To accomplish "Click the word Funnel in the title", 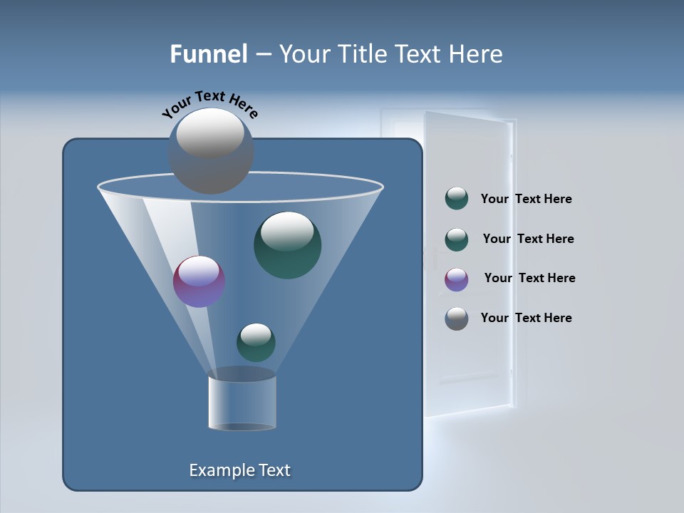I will coord(208,54).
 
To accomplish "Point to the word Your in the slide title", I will coord(302,54).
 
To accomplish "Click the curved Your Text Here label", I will coord(210,104).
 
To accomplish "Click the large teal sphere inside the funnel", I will coord(287,246).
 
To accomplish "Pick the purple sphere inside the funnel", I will coord(199,281).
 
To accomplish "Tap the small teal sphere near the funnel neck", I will coord(256,342).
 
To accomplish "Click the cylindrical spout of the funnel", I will coord(242,403).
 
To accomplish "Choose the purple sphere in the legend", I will coord(457,279).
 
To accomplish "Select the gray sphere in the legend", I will coord(457,318).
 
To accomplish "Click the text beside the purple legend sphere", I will coord(529,278).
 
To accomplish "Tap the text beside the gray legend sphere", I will coord(526,318).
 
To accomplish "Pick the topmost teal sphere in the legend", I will coord(457,199).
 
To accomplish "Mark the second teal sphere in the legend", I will coord(457,239).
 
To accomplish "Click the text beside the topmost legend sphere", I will coord(526,199).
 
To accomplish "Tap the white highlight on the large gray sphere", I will coord(210,133).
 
